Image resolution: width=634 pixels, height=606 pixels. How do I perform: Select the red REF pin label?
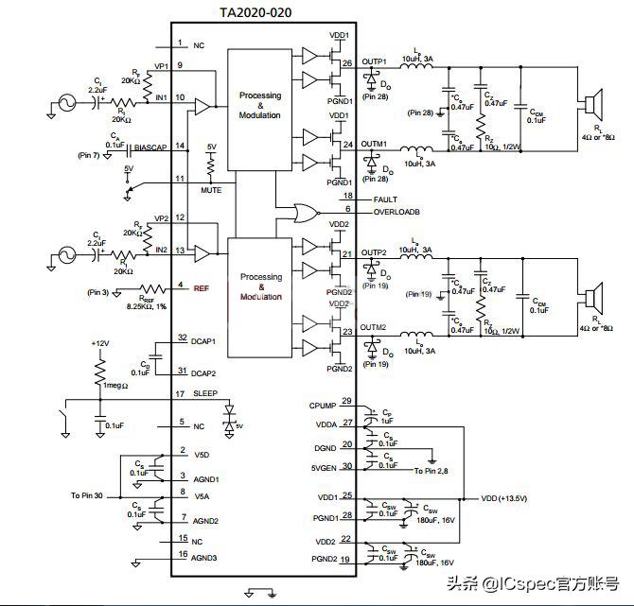[x=201, y=286]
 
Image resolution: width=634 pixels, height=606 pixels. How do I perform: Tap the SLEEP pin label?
[x=206, y=393]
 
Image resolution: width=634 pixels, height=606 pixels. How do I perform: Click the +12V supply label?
[x=100, y=342]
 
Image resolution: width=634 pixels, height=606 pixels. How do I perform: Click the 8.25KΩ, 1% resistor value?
[x=147, y=305]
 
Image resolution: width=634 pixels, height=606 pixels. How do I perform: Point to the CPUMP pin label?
[x=323, y=405]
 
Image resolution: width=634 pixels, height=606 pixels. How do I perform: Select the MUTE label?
[x=211, y=190]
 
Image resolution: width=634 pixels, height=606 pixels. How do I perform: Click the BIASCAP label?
[x=151, y=147]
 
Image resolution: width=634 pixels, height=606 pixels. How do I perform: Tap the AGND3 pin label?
[x=206, y=558]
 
